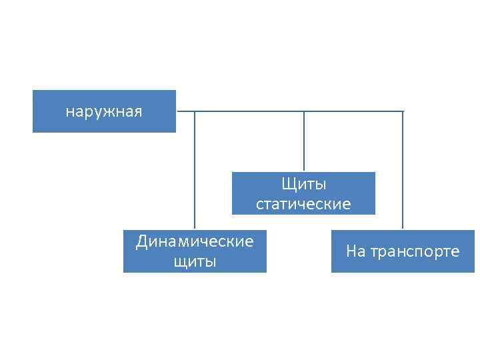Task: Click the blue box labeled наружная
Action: (104, 111)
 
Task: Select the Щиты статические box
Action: (303, 193)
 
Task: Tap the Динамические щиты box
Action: (195, 251)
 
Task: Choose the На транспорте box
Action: (403, 251)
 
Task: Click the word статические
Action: (303, 204)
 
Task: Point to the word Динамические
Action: (195, 241)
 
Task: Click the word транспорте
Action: (415, 251)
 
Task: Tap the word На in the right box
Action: (355, 251)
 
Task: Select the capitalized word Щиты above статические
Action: (304, 183)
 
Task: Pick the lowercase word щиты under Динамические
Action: (195, 261)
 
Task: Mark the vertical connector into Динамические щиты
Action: (195, 170)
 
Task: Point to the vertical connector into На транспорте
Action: (403, 170)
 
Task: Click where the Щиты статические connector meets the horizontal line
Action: (304, 111)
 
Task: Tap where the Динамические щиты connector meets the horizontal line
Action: (195, 111)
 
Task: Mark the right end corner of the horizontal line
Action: (403, 111)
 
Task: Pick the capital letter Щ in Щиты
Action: (288, 183)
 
